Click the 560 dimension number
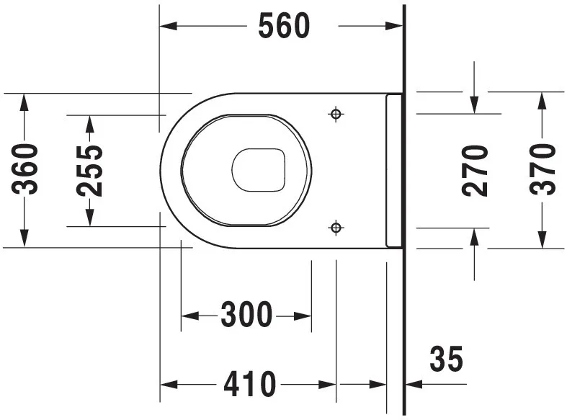click(284, 26)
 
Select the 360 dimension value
click(24, 169)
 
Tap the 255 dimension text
click(89, 171)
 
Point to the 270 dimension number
click(475, 171)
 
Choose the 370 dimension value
click(543, 169)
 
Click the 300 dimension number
click(246, 314)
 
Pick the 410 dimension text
click(249, 384)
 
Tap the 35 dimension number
click(446, 359)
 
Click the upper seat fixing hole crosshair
click(336, 115)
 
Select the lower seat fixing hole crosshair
click(336, 228)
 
